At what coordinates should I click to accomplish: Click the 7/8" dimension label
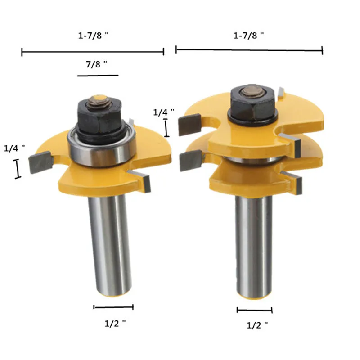[x=96, y=64]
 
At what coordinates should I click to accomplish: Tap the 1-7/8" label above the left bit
[x=93, y=36]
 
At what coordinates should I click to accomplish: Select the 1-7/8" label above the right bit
[x=249, y=36]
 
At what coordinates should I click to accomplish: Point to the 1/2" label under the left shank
[x=115, y=324]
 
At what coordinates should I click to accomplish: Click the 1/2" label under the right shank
[x=257, y=325]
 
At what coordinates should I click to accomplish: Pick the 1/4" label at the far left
[x=14, y=148]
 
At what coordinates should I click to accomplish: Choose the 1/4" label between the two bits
[x=164, y=112]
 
